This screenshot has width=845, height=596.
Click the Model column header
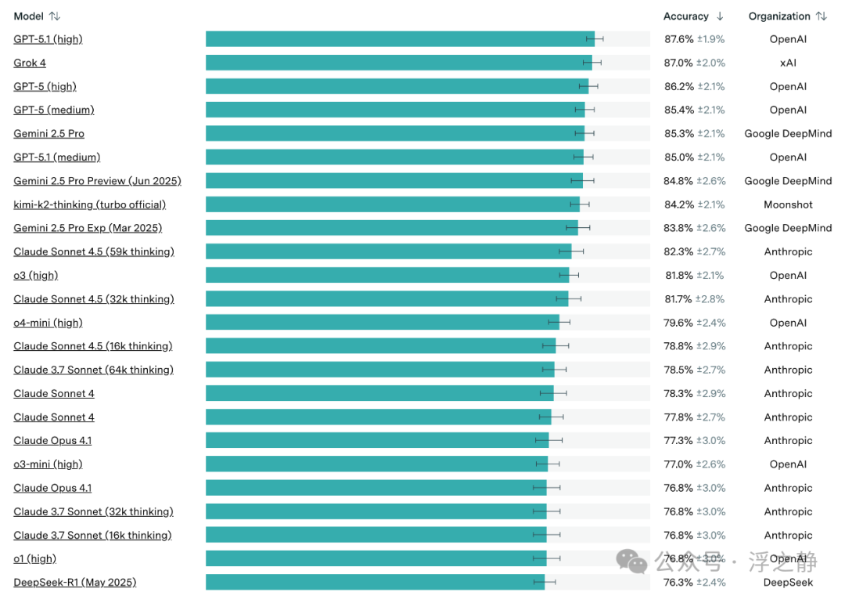[29, 16]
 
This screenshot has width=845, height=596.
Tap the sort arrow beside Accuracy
[720, 16]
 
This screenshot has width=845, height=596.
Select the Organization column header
[779, 16]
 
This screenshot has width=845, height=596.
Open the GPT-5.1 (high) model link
[48, 39]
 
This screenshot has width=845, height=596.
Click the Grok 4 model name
[30, 63]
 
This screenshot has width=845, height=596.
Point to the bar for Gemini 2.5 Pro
[395, 133]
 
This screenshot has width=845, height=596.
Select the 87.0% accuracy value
[678, 63]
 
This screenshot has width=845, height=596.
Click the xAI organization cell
[788, 63]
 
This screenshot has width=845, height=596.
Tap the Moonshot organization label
[788, 204]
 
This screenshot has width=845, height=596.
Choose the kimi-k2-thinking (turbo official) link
[89, 204]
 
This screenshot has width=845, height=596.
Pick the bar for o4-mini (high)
[383, 323]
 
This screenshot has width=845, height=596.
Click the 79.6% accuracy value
[678, 323]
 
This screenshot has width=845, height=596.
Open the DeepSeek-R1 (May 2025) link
[75, 583]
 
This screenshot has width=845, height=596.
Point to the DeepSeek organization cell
[788, 583]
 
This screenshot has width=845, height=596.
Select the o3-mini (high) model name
[48, 464]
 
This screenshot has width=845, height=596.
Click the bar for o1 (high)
[376, 558]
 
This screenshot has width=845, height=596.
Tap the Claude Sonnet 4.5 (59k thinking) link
[94, 252]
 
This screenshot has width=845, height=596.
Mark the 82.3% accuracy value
[678, 252]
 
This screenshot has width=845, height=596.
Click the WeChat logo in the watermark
[631, 562]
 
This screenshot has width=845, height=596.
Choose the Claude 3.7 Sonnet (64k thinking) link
[93, 370]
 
